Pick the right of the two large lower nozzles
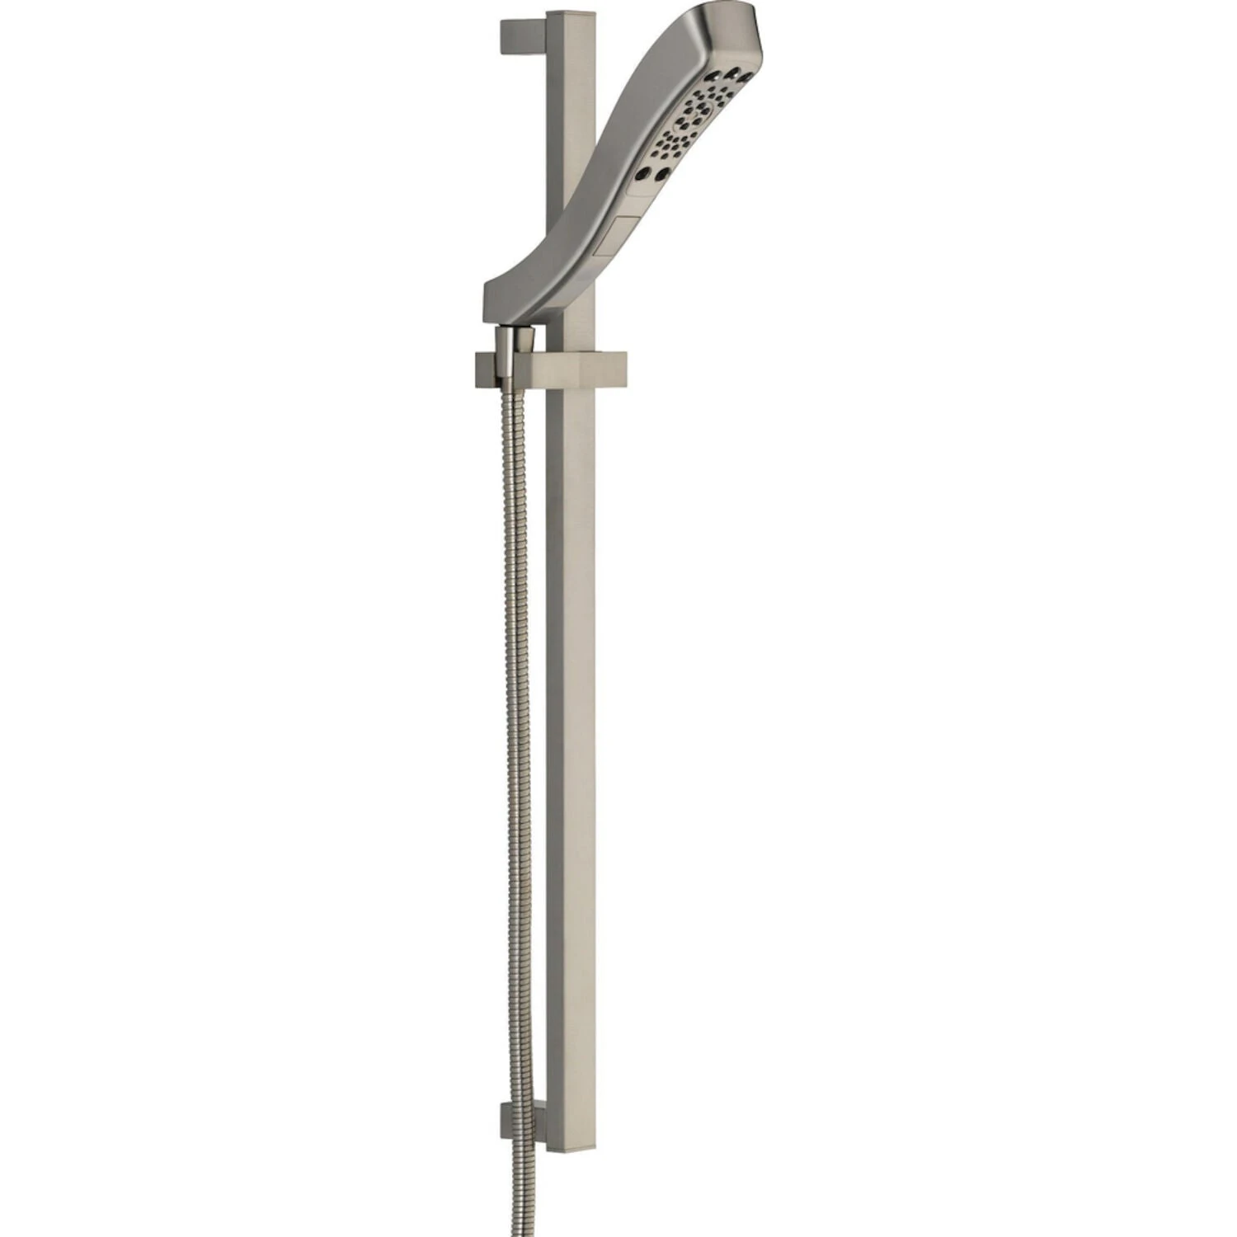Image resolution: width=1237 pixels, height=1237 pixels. (662, 175)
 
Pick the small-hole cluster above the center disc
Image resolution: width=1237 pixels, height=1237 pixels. (709, 107)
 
